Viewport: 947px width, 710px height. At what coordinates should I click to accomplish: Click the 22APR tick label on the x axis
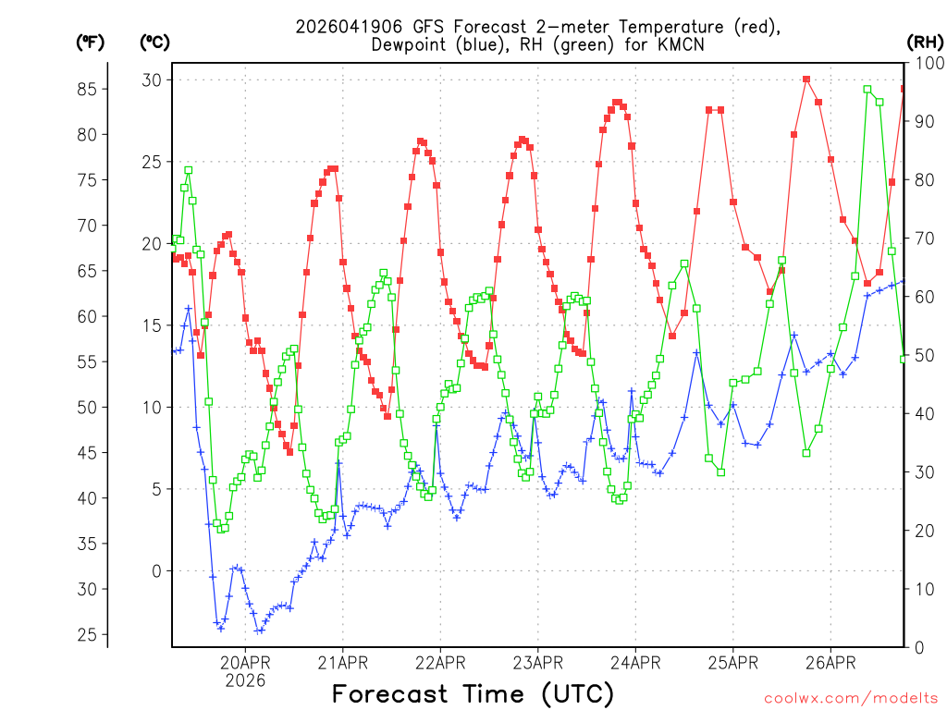pos(440,662)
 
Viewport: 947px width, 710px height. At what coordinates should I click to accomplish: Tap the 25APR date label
pos(732,662)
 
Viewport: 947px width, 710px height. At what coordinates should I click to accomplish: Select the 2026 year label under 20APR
pos(245,680)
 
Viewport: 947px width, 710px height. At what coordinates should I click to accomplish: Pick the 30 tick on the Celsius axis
pos(151,80)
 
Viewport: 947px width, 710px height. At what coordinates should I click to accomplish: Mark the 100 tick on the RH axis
pos(927,63)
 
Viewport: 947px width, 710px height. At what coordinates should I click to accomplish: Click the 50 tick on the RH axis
pos(924,355)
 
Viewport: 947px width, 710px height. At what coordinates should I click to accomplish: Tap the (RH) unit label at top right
pos(925,42)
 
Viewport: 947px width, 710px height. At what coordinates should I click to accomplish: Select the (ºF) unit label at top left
pos(90,42)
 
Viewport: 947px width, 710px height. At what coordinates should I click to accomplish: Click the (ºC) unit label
pos(154,42)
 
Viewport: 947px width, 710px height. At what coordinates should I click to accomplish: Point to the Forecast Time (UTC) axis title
pos(473,693)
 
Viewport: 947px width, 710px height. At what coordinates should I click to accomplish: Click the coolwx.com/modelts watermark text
pos(852,698)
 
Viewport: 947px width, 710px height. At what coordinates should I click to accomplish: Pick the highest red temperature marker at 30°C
pos(806,80)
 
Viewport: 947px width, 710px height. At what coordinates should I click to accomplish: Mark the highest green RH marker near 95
pos(867,90)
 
